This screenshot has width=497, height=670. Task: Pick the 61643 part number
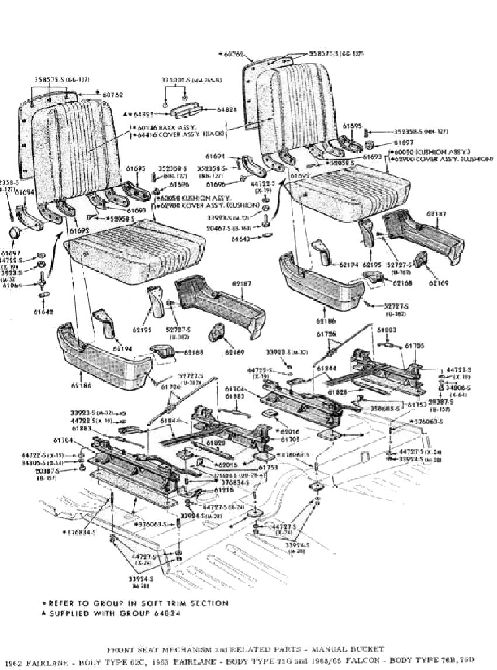[241, 239]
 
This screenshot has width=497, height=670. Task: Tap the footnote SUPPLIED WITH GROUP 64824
[116, 613]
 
